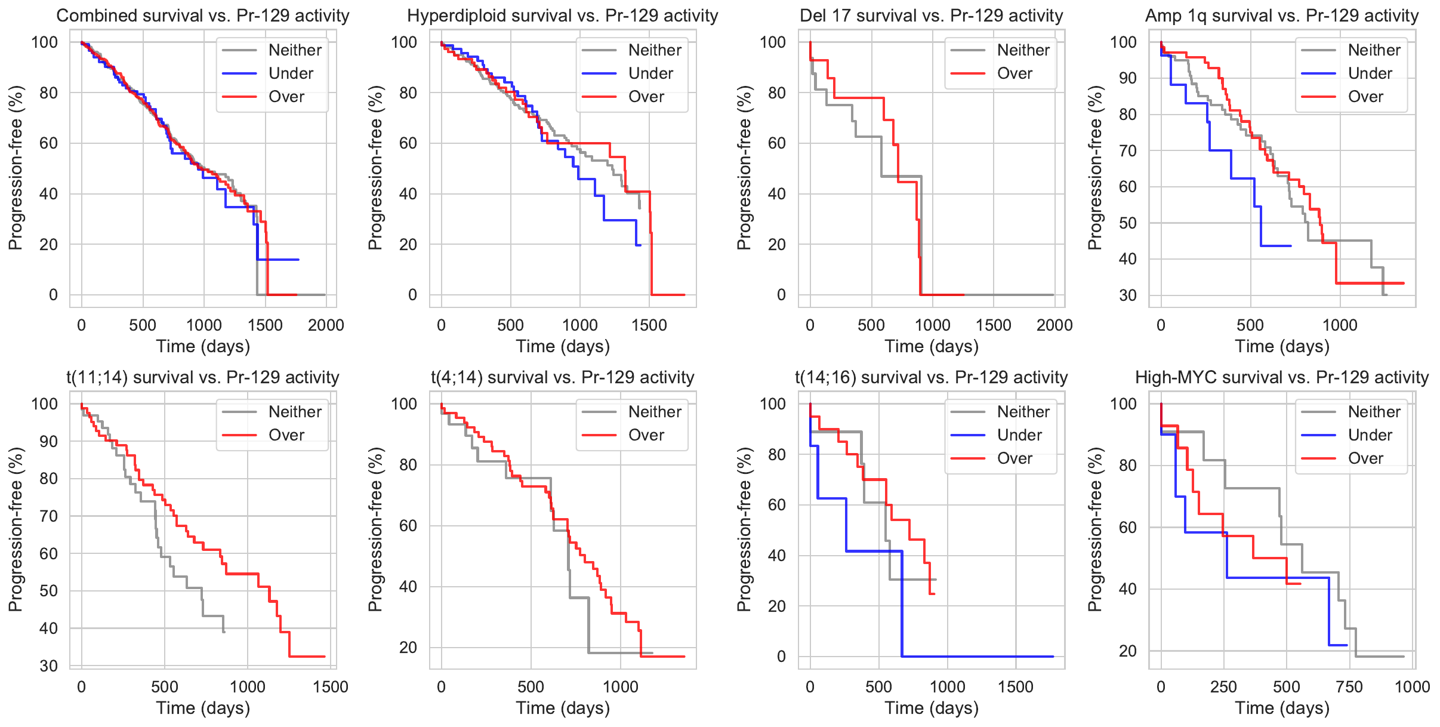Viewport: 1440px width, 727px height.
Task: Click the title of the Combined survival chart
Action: [203, 16]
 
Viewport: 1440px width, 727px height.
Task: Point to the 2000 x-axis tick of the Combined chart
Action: [326, 325]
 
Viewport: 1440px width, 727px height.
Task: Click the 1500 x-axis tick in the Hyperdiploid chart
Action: [649, 325]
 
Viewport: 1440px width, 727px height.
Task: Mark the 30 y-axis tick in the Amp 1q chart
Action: [1127, 295]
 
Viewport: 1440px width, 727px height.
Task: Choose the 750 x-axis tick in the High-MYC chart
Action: [1349, 687]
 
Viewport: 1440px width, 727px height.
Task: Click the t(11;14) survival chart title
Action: [203, 377]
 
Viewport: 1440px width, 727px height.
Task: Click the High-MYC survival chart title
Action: [1282, 377]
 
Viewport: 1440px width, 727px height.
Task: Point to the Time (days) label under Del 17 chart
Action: [932, 346]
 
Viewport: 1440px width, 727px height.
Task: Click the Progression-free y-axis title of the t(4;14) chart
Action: [375, 529]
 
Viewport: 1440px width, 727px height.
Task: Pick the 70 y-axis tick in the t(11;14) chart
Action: [49, 516]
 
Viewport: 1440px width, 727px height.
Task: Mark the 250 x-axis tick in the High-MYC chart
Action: [1223, 687]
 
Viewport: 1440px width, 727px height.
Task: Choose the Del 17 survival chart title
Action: [932, 16]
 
